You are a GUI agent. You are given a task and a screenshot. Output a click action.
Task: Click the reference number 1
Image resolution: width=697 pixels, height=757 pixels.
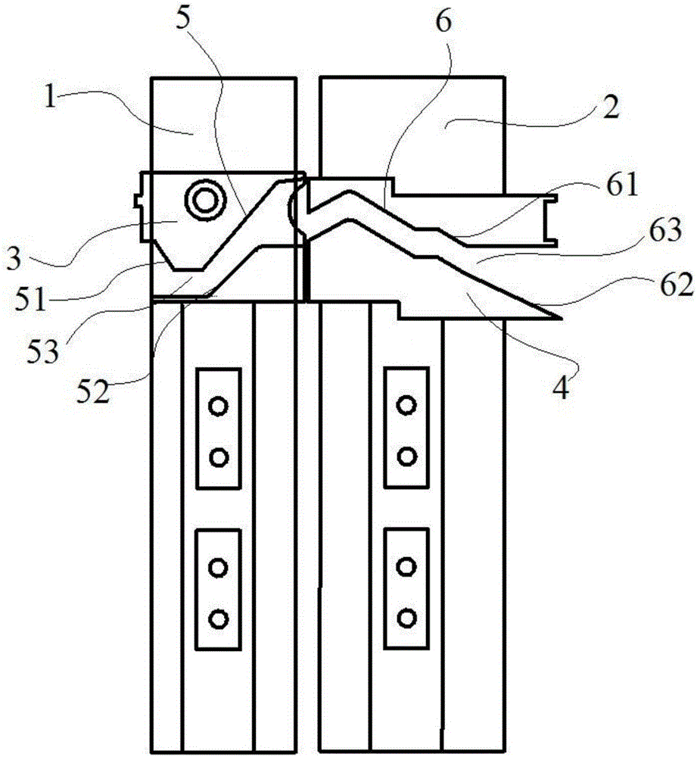coord(50,95)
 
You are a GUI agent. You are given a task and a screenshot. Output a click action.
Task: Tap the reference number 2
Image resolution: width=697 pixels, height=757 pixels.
coord(611,107)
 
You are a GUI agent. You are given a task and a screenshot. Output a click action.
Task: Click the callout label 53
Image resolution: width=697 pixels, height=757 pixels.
coord(42,350)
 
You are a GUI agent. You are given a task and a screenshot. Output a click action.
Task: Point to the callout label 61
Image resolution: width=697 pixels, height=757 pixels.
coord(623,184)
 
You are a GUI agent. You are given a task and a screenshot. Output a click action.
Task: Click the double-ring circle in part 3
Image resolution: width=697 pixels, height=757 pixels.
coord(206,200)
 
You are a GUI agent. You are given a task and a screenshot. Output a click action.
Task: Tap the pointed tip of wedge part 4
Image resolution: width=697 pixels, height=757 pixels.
coord(562,319)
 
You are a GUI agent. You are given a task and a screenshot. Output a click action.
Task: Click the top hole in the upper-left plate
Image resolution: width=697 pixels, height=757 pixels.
coord(218,406)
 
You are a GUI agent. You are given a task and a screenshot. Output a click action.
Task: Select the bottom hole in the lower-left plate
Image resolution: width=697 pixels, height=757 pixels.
coord(218,618)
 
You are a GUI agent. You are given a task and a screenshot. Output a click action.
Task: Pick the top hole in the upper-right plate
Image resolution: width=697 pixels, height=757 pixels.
coord(406,404)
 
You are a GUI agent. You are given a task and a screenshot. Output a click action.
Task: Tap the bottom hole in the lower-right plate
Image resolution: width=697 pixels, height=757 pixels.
coord(406,618)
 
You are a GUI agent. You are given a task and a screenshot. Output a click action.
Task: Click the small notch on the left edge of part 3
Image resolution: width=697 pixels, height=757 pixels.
coord(138,200)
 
